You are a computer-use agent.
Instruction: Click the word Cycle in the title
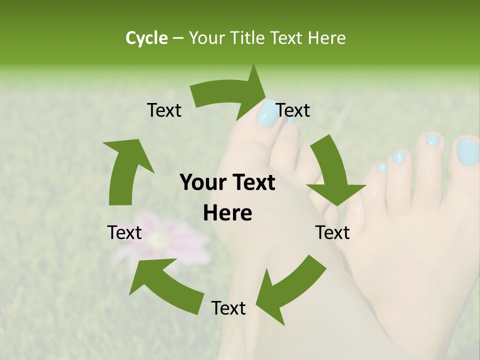(x=146, y=38)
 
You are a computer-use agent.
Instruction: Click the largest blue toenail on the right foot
(x=467, y=152)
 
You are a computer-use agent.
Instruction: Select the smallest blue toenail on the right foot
(x=382, y=167)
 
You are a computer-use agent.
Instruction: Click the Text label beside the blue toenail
(x=293, y=110)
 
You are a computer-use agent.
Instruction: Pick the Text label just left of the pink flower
(x=124, y=232)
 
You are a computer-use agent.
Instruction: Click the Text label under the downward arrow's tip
(x=332, y=232)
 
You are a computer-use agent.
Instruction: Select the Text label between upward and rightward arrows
(x=164, y=110)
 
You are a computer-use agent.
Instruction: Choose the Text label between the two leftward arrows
(x=228, y=308)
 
